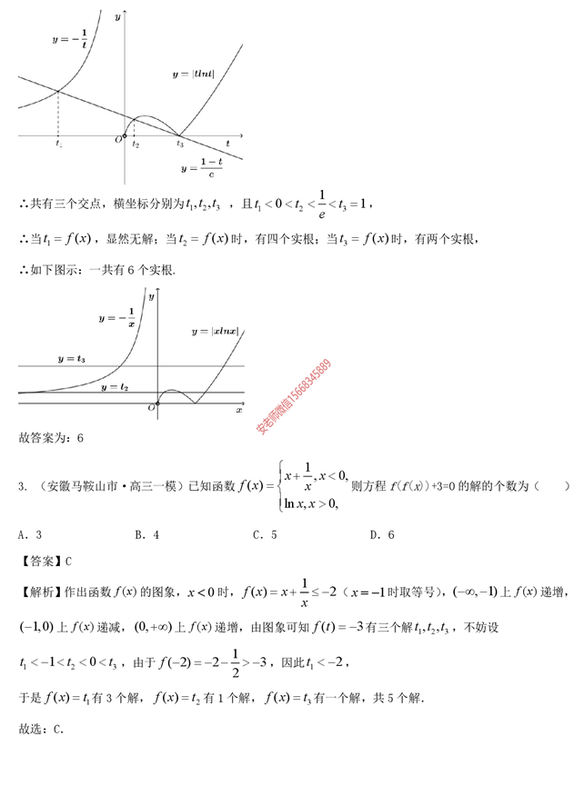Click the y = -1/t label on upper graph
(x=71, y=40)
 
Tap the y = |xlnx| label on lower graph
(x=215, y=332)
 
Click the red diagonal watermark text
(x=293, y=396)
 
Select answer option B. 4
(x=147, y=535)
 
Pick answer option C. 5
(x=265, y=535)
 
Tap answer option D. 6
(x=382, y=535)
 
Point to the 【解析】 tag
(x=38, y=592)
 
